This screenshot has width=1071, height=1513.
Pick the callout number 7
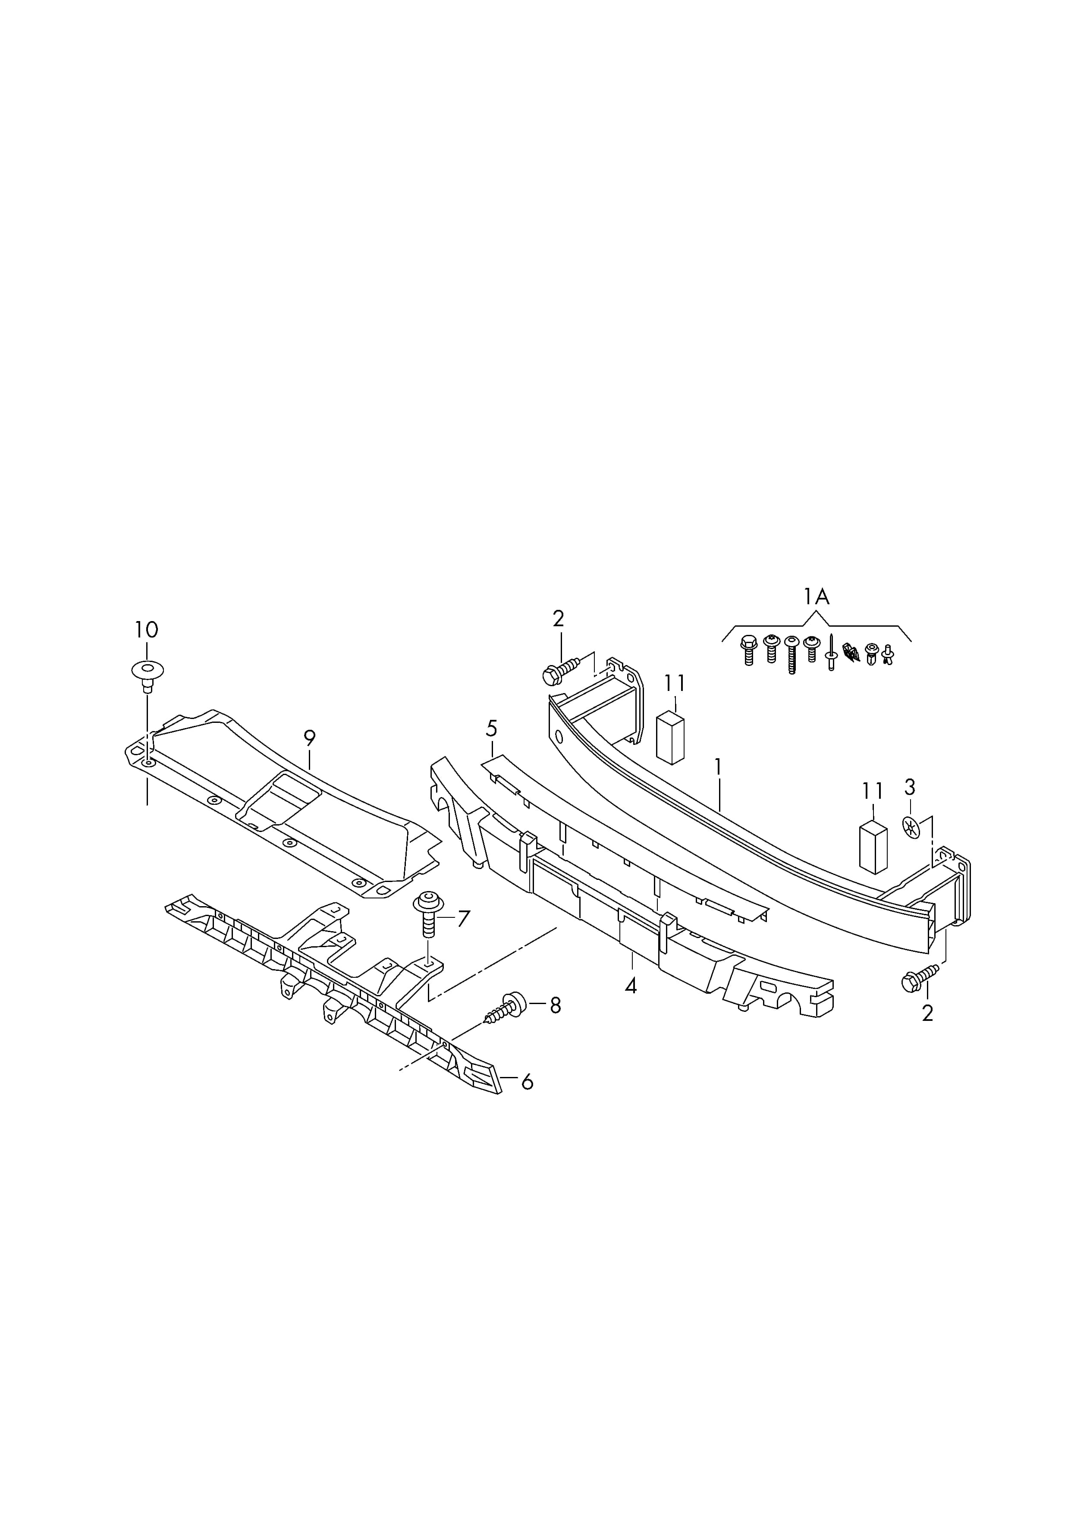click(464, 918)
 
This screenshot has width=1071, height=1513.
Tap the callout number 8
click(555, 1005)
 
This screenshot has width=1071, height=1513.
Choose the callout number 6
click(527, 1083)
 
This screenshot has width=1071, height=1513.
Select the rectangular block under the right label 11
click(873, 848)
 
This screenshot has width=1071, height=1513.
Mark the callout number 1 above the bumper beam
click(718, 767)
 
